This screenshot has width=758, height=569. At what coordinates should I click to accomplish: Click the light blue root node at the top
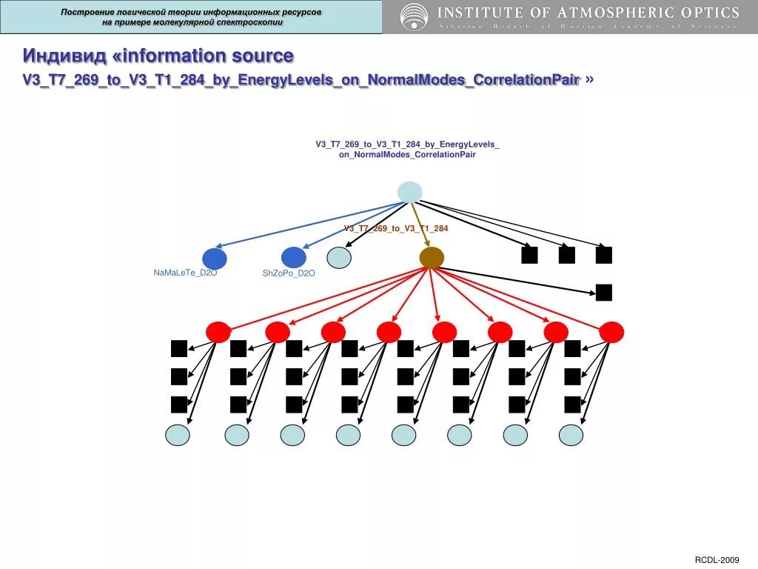pos(409,192)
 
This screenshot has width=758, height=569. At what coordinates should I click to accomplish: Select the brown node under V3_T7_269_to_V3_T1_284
pos(432,258)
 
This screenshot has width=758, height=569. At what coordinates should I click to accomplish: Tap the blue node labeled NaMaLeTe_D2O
pos(214,259)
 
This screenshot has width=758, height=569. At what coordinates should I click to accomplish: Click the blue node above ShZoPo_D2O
pos(293,257)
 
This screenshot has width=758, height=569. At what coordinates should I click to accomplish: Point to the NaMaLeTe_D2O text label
pos(185,273)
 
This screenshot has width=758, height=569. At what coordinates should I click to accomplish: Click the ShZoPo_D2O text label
pos(289,273)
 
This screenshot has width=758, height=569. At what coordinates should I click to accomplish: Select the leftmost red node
pos(218,332)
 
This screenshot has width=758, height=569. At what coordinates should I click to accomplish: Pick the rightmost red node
pos(611,332)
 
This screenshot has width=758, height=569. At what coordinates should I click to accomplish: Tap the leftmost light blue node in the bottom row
pos(178,435)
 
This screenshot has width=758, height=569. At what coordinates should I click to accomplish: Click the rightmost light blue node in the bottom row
pos(571,435)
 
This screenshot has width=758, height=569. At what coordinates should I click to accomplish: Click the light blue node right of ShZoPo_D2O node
pos(338,257)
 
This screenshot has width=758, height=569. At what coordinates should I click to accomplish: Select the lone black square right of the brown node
pos(604,293)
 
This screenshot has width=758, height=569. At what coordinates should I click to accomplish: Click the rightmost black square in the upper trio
pos(604,255)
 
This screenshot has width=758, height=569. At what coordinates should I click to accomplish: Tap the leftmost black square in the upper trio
pos(529,255)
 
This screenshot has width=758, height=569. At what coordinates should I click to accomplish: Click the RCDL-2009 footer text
pos(717,559)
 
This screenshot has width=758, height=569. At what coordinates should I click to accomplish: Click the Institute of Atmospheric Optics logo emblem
pos(414,16)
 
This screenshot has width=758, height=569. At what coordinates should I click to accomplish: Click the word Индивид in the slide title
pos(64,56)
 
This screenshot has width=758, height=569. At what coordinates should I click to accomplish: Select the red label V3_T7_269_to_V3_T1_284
pos(396,228)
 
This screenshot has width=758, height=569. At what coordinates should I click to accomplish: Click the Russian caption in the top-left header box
pos(191,17)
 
